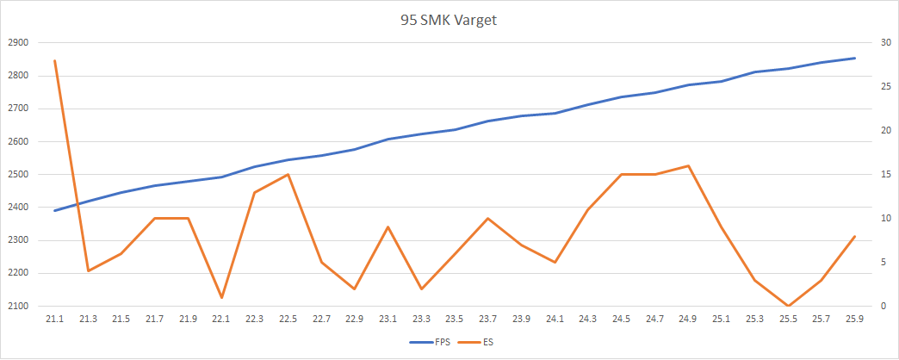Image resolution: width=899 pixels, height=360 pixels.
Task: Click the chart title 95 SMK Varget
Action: pyautogui.click(x=449, y=20)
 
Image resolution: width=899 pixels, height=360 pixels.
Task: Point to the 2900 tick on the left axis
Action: pyautogui.click(x=18, y=42)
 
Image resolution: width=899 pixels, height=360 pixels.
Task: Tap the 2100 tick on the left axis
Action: pyautogui.click(x=18, y=306)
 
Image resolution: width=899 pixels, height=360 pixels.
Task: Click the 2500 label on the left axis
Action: pyautogui.click(x=18, y=174)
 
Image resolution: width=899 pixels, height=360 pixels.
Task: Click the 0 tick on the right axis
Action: pyautogui.click(x=879, y=306)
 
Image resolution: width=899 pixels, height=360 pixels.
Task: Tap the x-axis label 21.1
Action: pyautogui.click(x=54, y=320)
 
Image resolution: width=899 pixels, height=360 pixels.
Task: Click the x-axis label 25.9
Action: pyautogui.click(x=854, y=320)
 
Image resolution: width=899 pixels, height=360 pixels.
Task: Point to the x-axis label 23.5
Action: pyautogui.click(x=455, y=320)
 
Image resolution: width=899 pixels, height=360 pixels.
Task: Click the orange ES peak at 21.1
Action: pyautogui.click(x=54, y=60)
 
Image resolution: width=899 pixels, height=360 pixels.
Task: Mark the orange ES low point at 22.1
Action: pyautogui.click(x=221, y=297)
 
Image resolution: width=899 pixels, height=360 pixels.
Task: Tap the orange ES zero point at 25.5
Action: pyautogui.click(x=788, y=306)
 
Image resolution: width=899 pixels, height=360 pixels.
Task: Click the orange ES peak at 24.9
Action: pyautogui.click(x=687, y=165)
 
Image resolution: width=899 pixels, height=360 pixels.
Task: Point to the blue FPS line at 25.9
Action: pyautogui.click(x=854, y=58)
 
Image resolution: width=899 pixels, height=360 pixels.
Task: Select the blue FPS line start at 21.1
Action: pyautogui.click(x=54, y=210)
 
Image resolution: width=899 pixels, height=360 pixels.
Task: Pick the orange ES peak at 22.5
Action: pyautogui.click(x=288, y=174)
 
